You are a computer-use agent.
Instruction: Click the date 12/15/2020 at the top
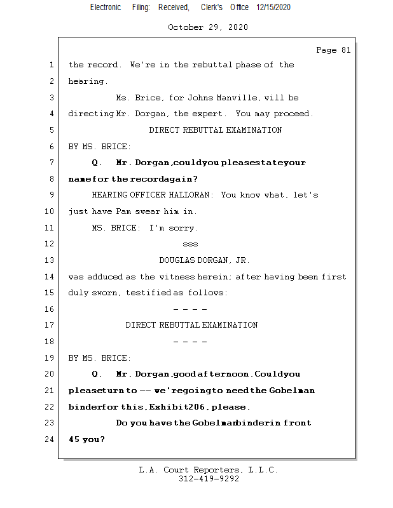[x=274, y=7]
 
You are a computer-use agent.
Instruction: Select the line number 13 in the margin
[x=51, y=260]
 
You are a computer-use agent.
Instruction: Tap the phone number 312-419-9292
[x=209, y=479]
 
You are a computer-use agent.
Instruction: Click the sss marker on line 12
[x=190, y=244]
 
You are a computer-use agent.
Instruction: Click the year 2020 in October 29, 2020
[x=237, y=27]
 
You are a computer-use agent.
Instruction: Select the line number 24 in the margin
[x=51, y=439]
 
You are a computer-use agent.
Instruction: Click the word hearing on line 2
[x=87, y=81]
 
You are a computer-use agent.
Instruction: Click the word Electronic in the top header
[x=106, y=7]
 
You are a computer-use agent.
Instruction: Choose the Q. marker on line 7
[x=97, y=163]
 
